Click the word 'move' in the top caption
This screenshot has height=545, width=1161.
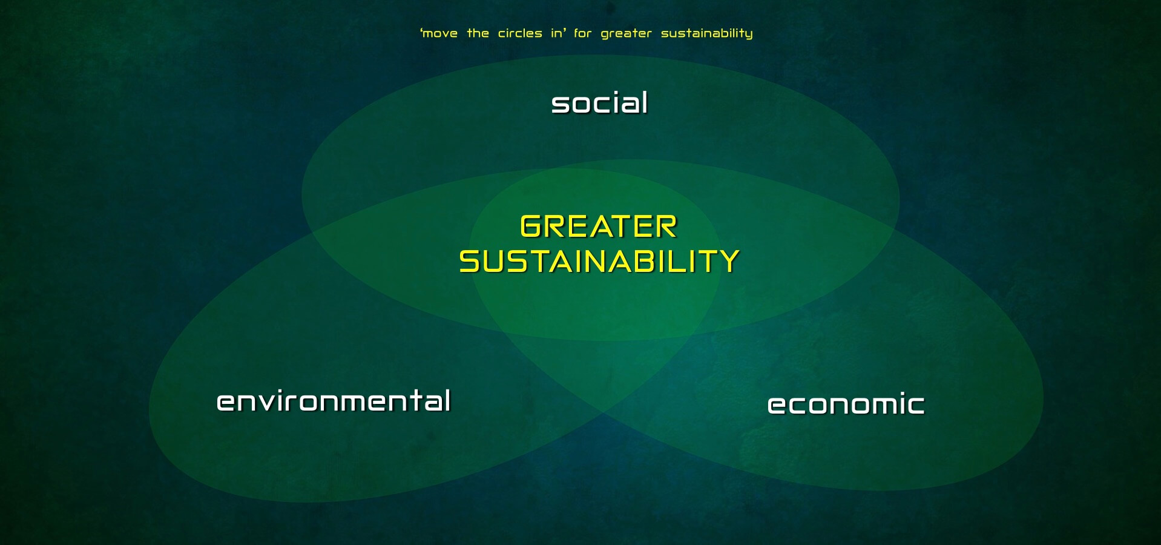(440, 34)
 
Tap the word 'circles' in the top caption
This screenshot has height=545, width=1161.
(520, 33)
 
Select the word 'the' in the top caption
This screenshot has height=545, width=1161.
(478, 33)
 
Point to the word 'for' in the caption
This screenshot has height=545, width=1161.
(582, 33)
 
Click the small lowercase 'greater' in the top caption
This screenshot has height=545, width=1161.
(626, 34)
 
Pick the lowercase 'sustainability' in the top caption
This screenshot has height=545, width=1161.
(706, 34)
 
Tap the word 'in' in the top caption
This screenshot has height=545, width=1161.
(556, 33)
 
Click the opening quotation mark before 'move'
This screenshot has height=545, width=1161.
(421, 30)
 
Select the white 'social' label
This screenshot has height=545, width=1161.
(599, 103)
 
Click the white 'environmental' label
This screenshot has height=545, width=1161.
(334, 401)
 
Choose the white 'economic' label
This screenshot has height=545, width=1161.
(846, 405)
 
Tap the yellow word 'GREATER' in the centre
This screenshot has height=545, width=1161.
(598, 227)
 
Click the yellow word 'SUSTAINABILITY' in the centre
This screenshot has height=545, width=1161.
(599, 262)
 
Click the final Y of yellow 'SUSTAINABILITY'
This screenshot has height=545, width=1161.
(728, 262)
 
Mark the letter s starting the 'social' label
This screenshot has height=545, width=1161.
(560, 105)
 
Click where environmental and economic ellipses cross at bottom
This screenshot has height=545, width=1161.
(603, 413)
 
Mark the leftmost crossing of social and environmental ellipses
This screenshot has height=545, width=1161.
(311, 233)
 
